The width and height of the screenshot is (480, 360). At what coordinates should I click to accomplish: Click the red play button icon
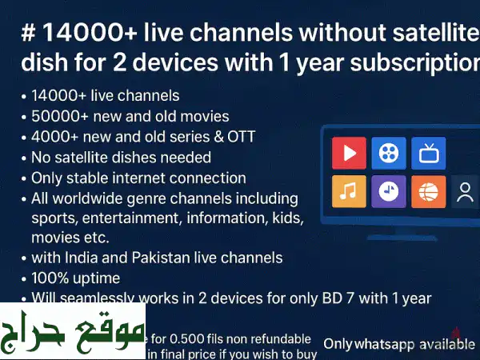pos(349,153)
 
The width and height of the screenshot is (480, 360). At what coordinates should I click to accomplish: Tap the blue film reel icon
pos(389,153)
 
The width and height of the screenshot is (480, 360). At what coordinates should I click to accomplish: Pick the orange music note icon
pos(349,192)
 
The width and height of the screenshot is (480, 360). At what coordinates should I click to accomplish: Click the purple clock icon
pos(389,192)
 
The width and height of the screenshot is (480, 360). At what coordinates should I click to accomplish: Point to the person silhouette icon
pos(464,192)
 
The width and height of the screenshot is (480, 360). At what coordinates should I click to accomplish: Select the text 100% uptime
pos(75,278)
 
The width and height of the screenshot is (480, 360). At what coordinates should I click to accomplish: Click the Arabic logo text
pos(73,331)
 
